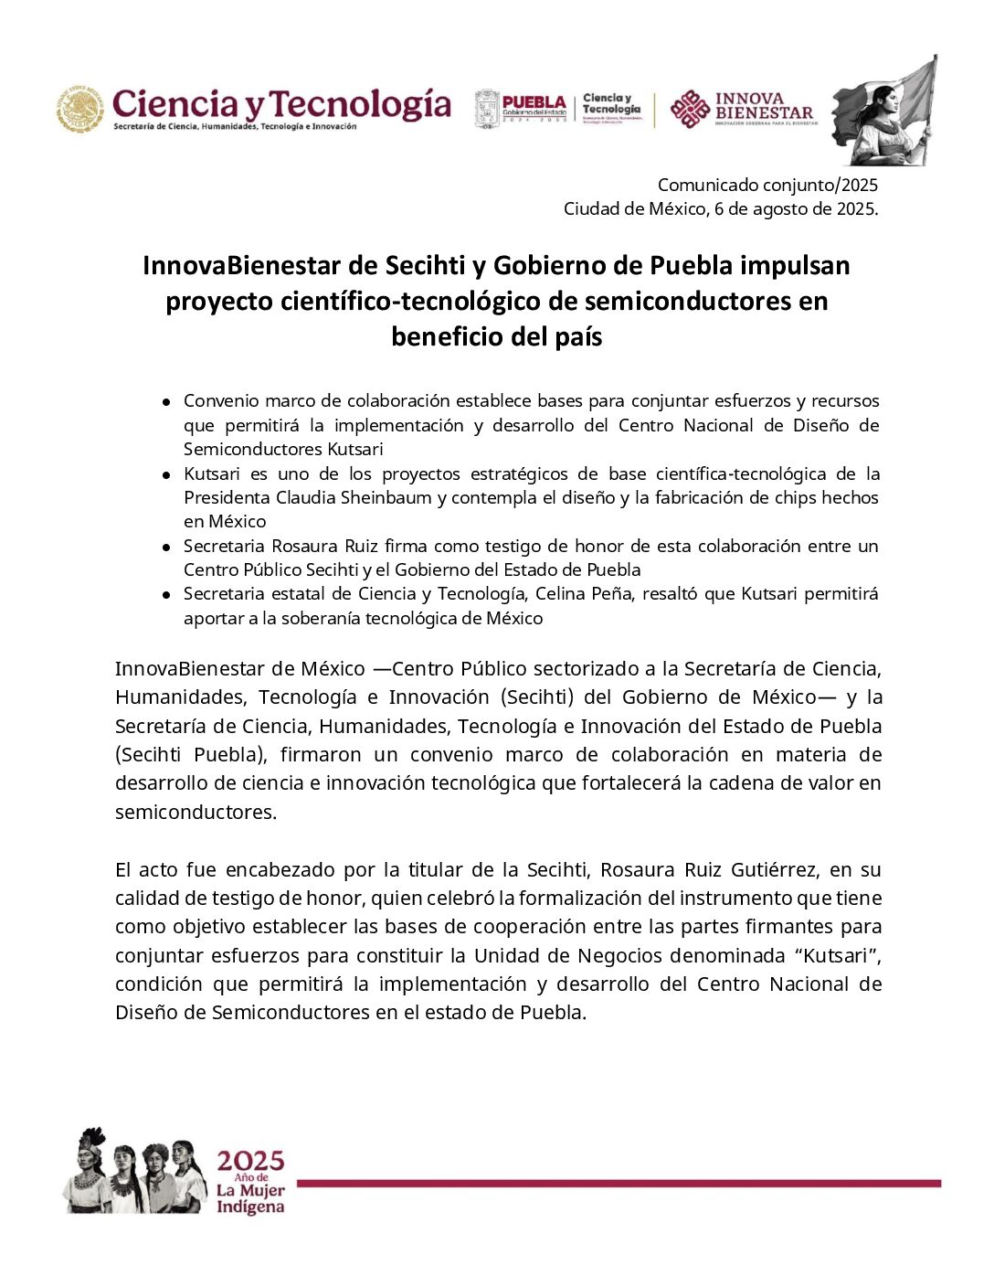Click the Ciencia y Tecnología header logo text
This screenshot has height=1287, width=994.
[281, 104]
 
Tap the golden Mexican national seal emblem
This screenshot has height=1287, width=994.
[79, 109]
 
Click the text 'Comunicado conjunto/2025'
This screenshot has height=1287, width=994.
[767, 186]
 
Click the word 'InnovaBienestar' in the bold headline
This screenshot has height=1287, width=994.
[241, 266]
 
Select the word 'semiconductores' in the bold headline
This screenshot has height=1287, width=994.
[688, 302]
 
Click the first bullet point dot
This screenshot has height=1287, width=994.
[166, 401]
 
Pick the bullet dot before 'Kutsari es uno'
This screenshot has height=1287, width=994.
[166, 474]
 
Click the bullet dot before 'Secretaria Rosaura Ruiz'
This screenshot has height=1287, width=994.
[166, 547]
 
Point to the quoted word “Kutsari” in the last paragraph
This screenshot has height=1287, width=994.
[841, 955]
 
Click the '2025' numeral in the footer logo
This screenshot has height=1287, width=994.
[250, 1161]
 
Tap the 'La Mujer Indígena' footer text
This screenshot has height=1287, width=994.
[250, 1199]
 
